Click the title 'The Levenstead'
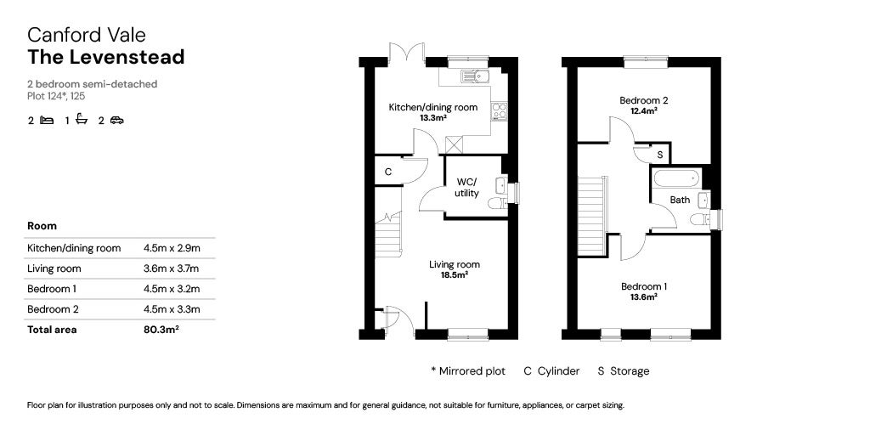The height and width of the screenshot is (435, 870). [x=106, y=57]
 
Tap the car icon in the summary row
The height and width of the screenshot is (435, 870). [x=117, y=120]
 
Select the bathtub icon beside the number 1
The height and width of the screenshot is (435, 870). [x=82, y=119]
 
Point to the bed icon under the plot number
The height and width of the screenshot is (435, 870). [x=48, y=120]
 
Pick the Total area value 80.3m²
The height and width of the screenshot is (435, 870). [x=161, y=330]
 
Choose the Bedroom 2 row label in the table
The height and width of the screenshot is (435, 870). [x=53, y=309]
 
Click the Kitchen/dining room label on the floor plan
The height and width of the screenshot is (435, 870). [x=432, y=107]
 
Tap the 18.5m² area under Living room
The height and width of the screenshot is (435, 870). [x=455, y=274]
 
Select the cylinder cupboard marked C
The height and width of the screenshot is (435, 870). [x=387, y=172]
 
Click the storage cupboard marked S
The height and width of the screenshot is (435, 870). [x=659, y=155]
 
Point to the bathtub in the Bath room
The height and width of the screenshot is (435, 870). [x=677, y=178]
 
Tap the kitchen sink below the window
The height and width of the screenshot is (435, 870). [x=473, y=76]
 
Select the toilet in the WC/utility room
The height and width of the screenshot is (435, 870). [x=499, y=203]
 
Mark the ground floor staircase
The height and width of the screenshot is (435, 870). [x=388, y=235]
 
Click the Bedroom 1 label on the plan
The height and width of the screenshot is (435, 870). [x=644, y=286]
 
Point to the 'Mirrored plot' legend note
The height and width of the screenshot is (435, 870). [x=468, y=371]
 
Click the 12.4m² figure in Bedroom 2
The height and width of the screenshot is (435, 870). [x=645, y=110]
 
